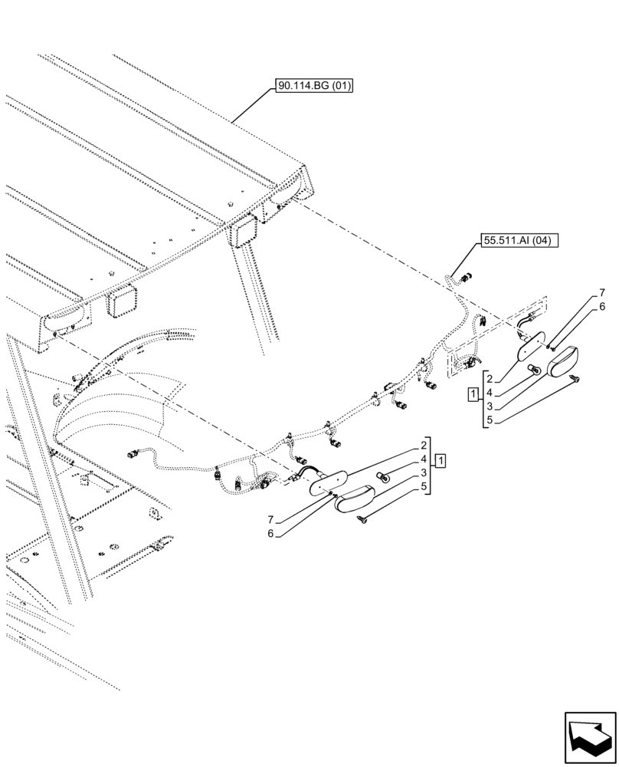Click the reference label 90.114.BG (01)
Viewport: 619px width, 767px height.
313,87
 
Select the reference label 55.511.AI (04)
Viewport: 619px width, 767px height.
520,240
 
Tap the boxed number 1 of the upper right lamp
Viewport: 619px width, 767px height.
474,394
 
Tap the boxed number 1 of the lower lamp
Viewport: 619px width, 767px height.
441,460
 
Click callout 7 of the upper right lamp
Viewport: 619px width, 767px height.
602,292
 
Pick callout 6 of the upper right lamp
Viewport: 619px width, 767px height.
602,306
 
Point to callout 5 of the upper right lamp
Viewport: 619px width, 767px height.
489,420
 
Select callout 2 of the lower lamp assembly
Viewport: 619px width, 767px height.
424,445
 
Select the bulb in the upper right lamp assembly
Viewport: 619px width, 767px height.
535,371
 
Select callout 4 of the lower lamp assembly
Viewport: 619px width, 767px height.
424,459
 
